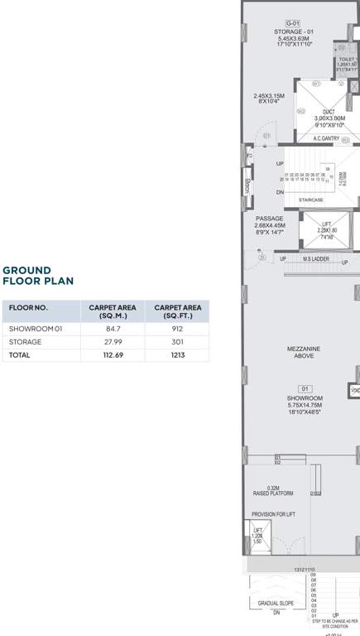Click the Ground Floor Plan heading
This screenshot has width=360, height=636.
[x=38, y=276]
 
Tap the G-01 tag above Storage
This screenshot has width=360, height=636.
[x=292, y=23]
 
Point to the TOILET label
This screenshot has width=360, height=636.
[x=346, y=60]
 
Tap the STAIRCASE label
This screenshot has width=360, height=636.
[x=310, y=200]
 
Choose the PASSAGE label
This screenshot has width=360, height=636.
[x=269, y=219]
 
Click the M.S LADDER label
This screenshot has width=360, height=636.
[x=315, y=259]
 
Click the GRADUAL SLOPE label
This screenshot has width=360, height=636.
[x=276, y=604]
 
